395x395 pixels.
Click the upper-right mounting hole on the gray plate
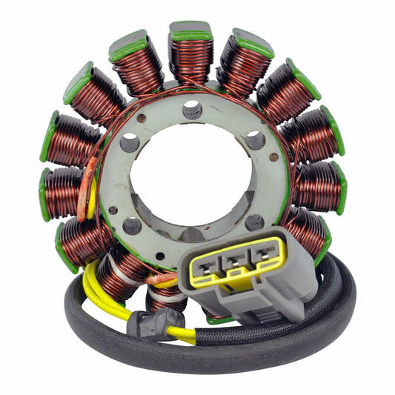255,139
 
